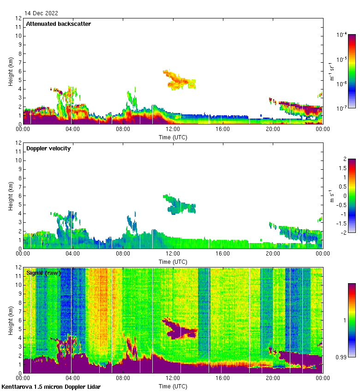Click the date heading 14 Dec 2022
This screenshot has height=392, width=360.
[41, 13]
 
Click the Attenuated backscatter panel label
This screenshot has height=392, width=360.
[58, 24]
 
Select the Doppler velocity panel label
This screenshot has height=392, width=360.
[48, 148]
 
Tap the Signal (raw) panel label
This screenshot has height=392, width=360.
[43, 273]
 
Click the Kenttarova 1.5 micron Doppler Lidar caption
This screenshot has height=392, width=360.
[51, 386]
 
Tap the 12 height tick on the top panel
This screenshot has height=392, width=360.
[19, 18]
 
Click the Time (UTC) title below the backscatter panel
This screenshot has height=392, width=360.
[173, 137]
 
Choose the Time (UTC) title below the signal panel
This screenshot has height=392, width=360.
[173, 386]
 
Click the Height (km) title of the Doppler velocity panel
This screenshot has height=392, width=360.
[11, 196]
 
